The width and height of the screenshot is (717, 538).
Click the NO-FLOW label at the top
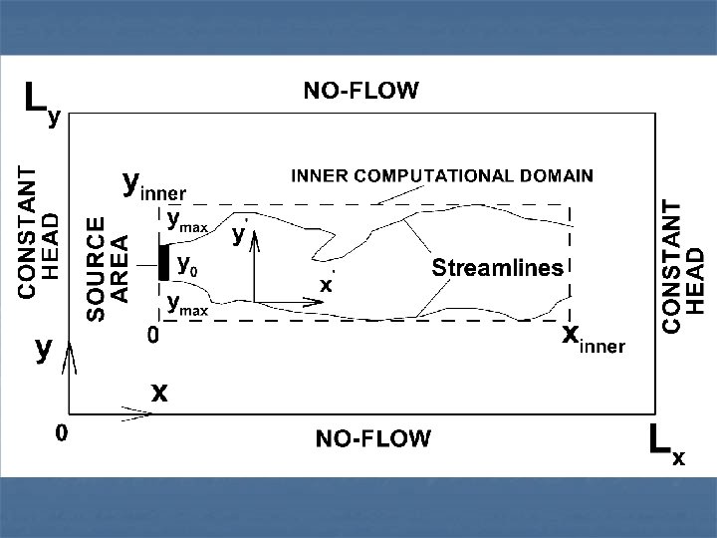(x=360, y=92)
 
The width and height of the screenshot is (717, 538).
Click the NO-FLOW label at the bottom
(x=373, y=438)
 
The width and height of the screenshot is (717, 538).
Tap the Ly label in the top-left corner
(x=41, y=102)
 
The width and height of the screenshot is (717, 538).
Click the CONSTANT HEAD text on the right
(x=684, y=266)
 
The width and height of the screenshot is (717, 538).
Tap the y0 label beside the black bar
(x=186, y=264)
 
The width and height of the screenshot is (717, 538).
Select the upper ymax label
(x=186, y=221)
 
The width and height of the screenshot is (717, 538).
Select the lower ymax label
(x=186, y=305)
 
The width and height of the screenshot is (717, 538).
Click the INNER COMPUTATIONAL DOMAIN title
(x=441, y=176)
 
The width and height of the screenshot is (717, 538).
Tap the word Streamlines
(x=497, y=267)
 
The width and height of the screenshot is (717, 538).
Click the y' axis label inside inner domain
(x=239, y=235)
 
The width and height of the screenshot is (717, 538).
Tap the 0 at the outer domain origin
(x=61, y=433)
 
